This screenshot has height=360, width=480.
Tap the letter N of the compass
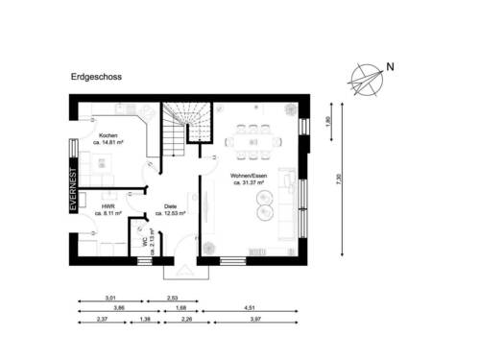point(390,67)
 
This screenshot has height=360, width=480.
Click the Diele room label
point(170,205)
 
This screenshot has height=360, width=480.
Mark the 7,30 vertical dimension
point(337,180)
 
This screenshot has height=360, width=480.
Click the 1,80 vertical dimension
point(328,121)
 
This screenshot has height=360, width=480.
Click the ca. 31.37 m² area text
point(249,182)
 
